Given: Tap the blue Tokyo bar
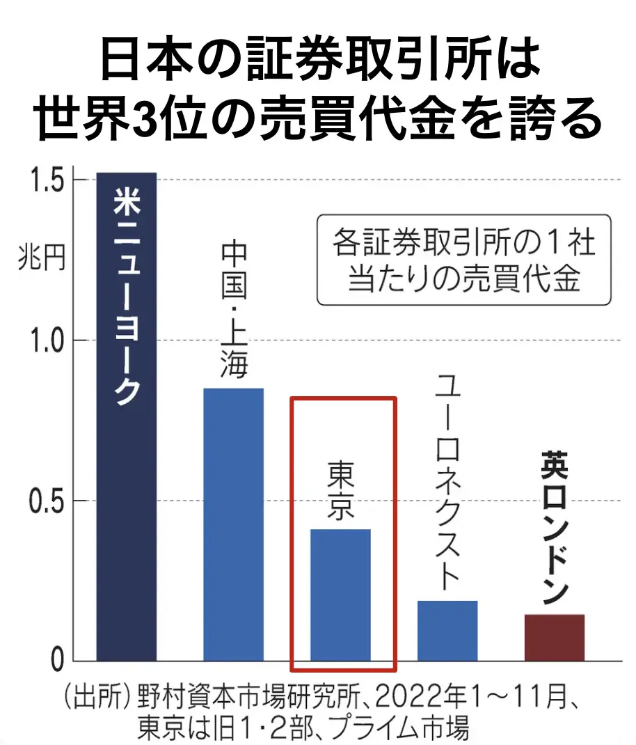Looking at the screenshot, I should pyautogui.click(x=340, y=595).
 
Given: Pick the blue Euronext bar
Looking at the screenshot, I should pyautogui.click(x=447, y=630).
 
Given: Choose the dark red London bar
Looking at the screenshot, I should pyautogui.click(x=554, y=637).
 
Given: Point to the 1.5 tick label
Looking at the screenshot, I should pyautogui.click(x=47, y=180).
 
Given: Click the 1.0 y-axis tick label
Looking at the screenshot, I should pyautogui.click(x=47, y=340).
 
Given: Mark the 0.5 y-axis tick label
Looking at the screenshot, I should pyautogui.click(x=47, y=501).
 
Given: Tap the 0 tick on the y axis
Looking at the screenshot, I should pyautogui.click(x=57, y=661).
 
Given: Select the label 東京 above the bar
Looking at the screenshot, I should pyautogui.click(x=340, y=492).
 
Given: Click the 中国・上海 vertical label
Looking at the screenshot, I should pyautogui.click(x=234, y=310).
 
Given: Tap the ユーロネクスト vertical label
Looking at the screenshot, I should pyautogui.click(x=447, y=480).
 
